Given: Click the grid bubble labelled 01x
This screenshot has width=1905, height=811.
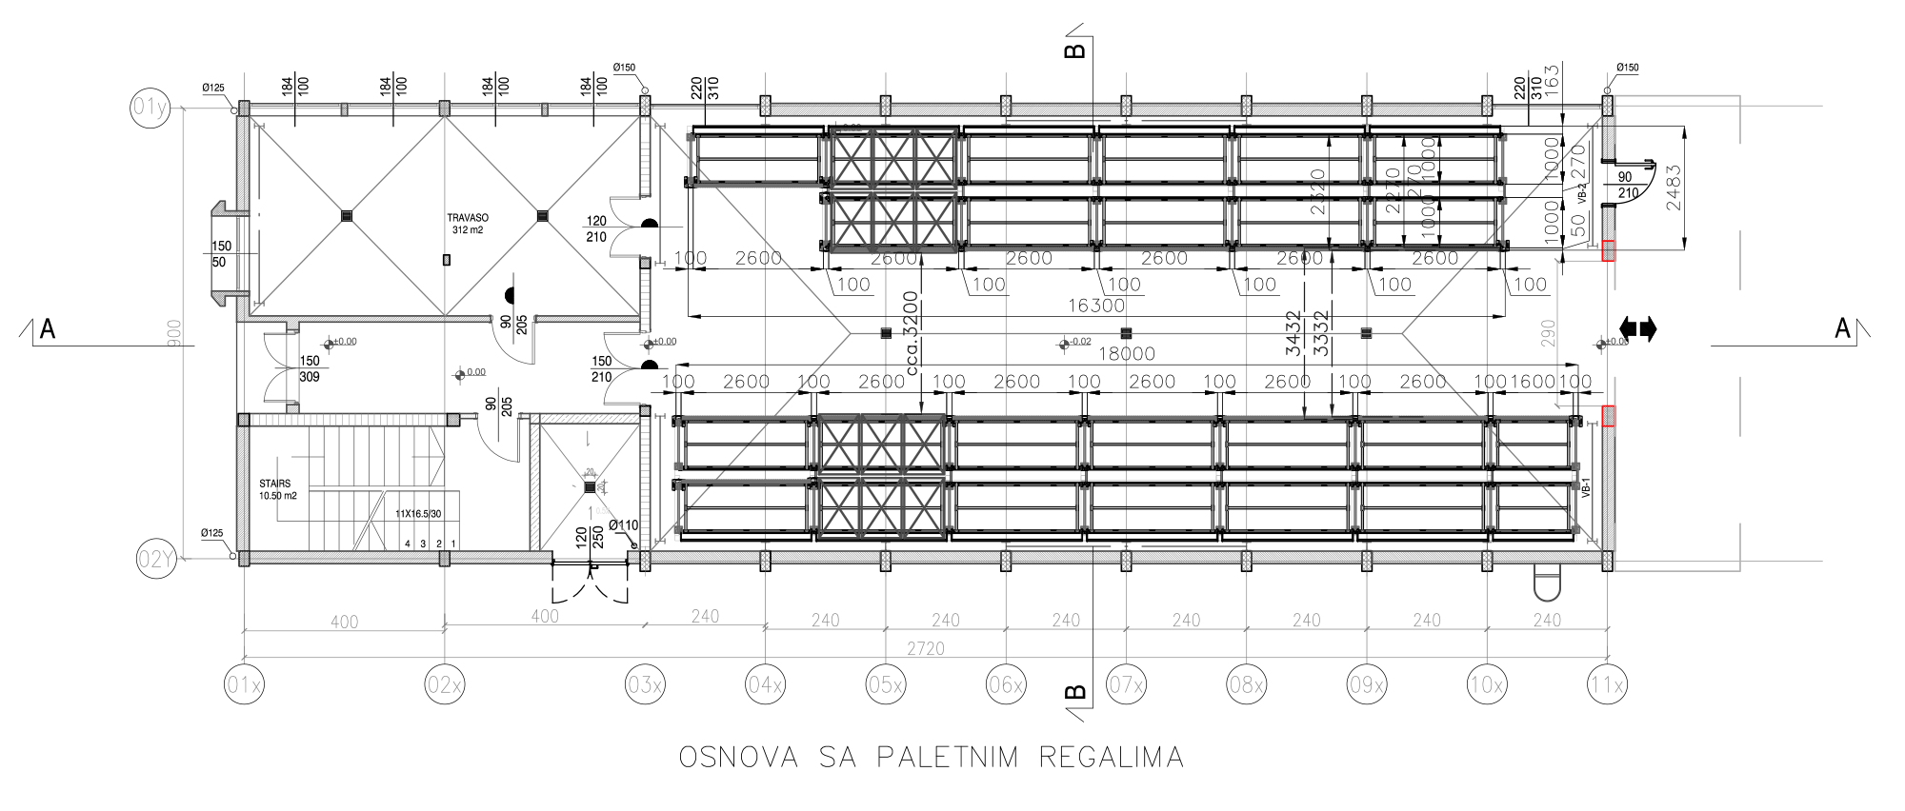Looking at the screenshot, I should pos(244,684).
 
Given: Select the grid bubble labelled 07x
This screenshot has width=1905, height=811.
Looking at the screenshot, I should pos(1126,684).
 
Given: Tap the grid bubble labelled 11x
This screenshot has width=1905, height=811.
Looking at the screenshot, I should pos(1607,684).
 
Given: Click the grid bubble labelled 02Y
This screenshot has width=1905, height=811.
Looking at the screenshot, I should pos(156,559).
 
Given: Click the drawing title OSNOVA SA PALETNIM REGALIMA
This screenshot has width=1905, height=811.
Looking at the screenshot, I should pos(932,758).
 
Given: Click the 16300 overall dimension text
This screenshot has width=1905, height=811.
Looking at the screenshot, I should pos(1095,306).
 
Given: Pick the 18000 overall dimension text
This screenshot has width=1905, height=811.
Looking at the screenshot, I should pos(1127,354).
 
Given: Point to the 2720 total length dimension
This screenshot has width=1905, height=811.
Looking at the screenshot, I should pos(926,648).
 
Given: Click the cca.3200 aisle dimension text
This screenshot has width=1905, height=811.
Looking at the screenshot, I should pos(912,333).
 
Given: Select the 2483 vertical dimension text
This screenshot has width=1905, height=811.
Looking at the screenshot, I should pos(1674,188).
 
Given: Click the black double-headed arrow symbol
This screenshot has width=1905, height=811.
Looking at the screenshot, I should pos(1637,329).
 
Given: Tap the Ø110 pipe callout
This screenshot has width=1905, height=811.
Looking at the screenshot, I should pos(624,525).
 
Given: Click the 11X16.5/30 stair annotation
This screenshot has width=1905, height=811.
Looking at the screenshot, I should pos(426,513).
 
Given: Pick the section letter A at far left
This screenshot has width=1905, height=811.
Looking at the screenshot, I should pos(47,329).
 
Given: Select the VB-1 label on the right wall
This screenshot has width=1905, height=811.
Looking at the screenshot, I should pos(1586,488).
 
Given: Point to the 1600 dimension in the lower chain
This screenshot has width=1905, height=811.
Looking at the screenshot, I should pos(1533,382).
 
